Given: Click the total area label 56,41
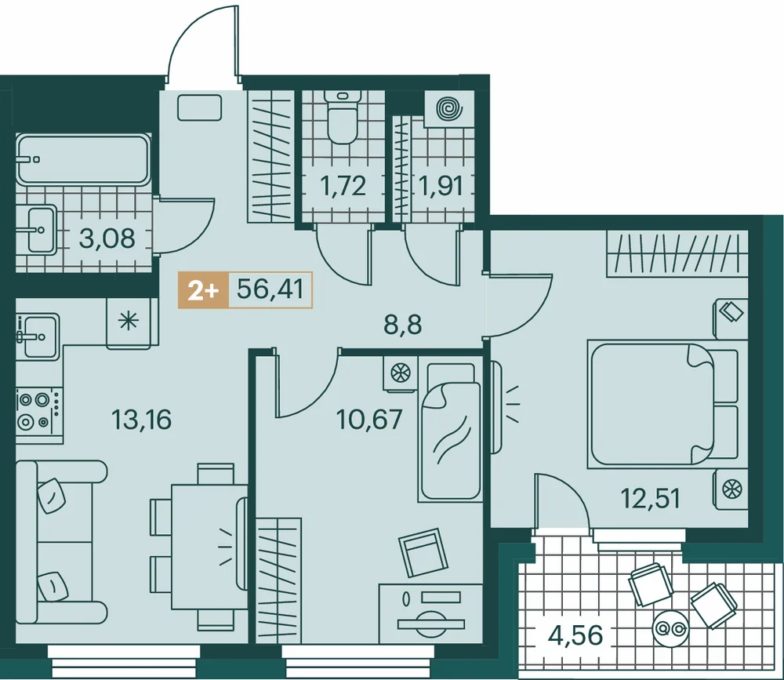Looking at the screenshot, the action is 270,289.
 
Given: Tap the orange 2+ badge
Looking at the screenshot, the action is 203,289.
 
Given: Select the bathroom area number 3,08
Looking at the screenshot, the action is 107,238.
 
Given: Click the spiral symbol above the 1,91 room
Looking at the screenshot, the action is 448,108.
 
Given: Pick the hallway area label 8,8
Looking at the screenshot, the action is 403,325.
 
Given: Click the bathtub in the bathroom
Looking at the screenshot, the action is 83,159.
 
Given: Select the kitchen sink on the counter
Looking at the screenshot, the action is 37,335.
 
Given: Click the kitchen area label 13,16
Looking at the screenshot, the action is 142,419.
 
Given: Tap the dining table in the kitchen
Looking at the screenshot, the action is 210,547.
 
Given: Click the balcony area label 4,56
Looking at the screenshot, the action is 575,636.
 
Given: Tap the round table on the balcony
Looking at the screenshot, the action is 671,627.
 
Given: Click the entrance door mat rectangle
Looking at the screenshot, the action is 200,107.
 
